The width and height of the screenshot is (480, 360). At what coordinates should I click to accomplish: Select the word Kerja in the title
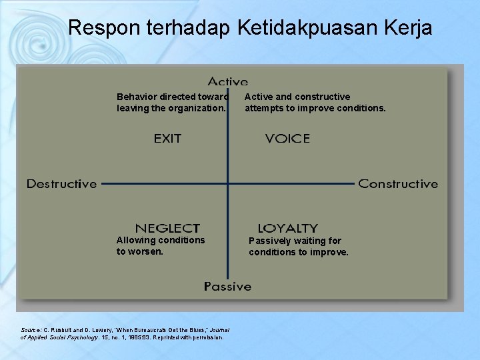(409, 28)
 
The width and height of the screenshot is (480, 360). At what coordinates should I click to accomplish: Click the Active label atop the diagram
(227, 81)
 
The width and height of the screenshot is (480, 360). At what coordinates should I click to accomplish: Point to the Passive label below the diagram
(227, 287)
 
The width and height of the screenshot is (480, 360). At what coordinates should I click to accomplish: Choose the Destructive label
(61, 184)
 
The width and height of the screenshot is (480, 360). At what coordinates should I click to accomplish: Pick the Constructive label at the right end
(398, 184)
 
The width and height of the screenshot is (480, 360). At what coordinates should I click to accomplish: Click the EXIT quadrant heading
(167, 139)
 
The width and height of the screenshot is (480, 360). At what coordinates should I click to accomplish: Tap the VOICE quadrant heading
(287, 139)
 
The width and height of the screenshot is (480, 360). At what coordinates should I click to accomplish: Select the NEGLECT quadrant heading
(167, 228)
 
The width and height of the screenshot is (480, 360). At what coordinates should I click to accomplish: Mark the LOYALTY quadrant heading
(287, 228)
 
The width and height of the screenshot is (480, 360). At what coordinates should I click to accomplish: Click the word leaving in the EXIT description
(133, 108)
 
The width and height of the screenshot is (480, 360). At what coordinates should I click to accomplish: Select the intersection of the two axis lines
(227, 184)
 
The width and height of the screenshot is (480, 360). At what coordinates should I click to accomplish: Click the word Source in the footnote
(31, 330)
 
